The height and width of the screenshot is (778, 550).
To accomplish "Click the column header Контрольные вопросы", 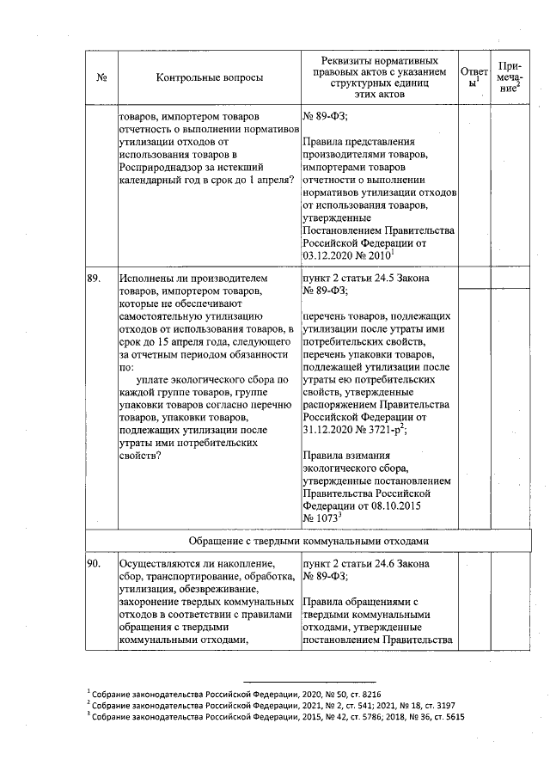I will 210,77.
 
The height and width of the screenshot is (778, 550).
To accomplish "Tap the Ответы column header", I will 474,77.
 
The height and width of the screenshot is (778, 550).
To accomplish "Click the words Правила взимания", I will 347,456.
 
